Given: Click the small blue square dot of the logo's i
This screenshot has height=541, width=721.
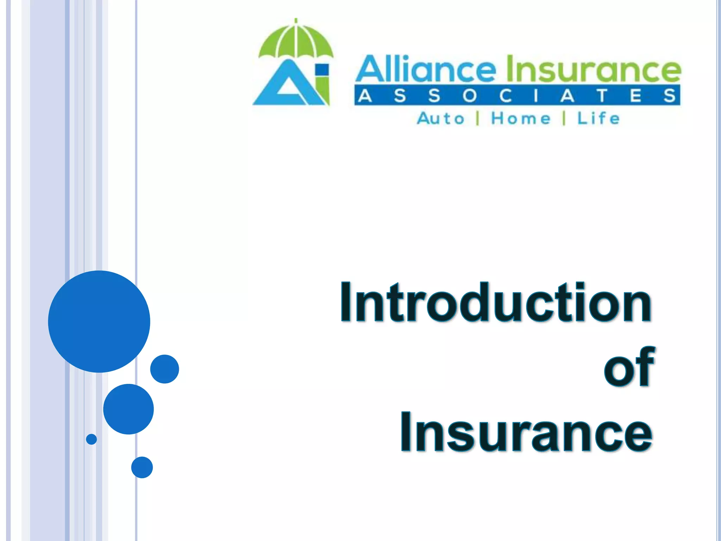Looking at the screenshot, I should tap(322, 69).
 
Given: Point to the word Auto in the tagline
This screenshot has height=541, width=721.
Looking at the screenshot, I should tap(440, 118).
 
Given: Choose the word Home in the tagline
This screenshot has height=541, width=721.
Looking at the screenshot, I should tap(521, 118).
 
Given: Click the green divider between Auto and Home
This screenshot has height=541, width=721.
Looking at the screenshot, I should tap(478, 118).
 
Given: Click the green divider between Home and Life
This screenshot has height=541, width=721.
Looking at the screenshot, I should tap(564, 118).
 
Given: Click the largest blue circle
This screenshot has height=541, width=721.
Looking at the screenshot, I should tap(99, 321).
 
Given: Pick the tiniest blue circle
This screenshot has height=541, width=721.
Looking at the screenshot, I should tap(92, 439).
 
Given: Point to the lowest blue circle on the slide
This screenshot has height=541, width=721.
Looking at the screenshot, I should tap(142, 467).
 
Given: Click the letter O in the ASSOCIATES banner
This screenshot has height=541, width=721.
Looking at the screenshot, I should tap(469, 95).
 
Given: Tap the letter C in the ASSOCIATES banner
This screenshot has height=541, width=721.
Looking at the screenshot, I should tap(505, 95).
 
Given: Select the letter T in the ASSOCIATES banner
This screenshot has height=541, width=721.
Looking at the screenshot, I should tap(602, 95).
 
